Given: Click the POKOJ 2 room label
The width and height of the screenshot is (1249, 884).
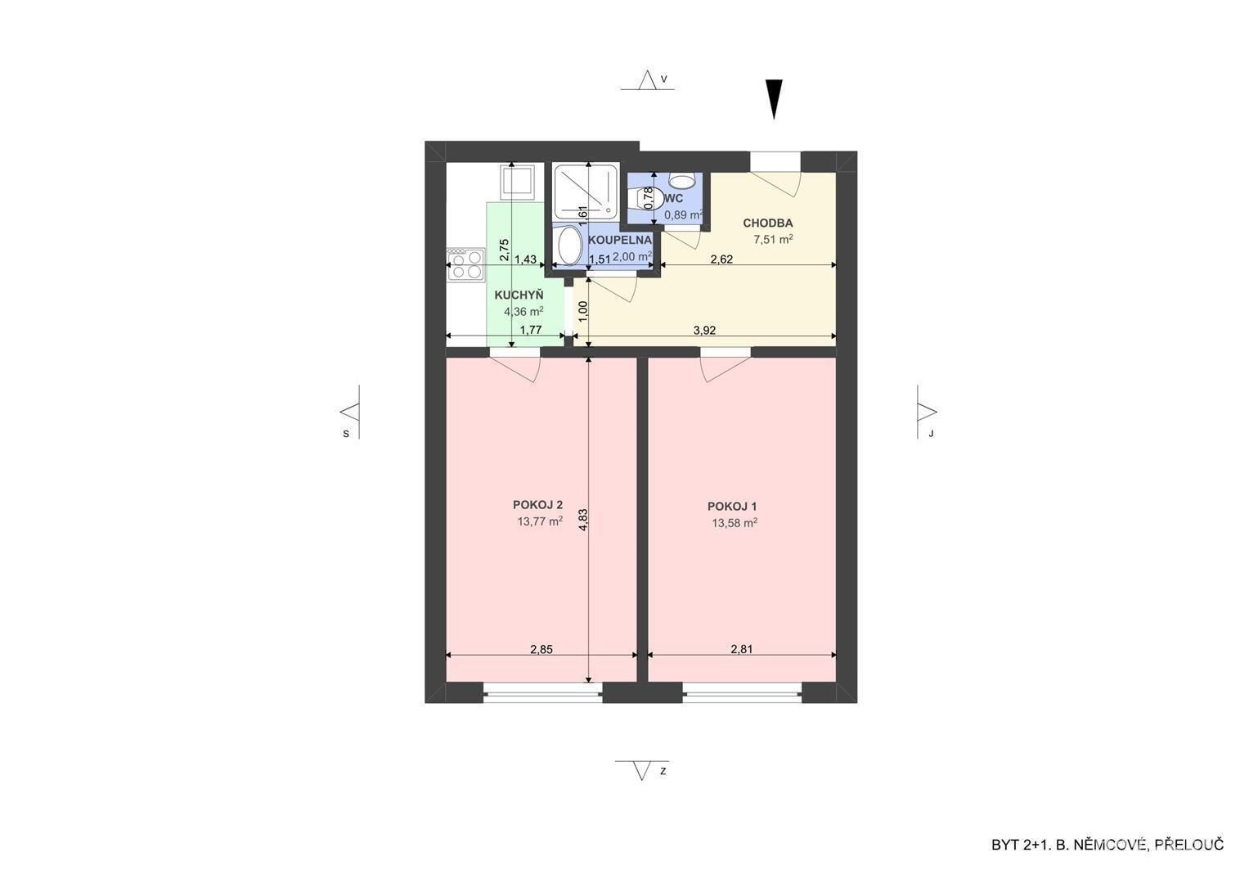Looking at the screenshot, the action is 537,505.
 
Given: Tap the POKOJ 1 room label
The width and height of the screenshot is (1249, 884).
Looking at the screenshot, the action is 732,507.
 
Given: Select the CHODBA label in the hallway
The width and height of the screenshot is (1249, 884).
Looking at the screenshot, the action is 768,223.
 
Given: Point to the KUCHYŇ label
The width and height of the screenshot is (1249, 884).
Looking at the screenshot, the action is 519,295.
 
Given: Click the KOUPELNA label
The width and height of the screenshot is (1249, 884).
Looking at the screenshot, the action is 620,240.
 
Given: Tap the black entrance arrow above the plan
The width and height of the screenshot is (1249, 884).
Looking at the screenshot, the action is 774,99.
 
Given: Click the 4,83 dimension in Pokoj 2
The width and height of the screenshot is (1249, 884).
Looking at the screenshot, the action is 583,519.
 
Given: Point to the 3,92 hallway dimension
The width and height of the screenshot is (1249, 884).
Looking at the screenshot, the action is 704,330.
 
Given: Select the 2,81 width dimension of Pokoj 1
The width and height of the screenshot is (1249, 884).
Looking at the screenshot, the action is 742,649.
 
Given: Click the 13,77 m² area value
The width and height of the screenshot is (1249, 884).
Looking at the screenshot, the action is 540,522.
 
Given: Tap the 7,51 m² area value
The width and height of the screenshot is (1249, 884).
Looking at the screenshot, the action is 774,239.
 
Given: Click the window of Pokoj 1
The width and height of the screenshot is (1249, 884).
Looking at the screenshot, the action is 742,696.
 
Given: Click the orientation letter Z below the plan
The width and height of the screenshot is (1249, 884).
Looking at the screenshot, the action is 663,772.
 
